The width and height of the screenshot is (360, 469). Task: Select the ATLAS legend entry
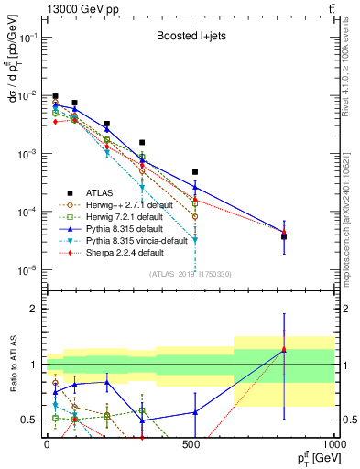(100, 192)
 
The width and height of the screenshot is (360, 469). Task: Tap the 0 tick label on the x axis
(47, 446)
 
